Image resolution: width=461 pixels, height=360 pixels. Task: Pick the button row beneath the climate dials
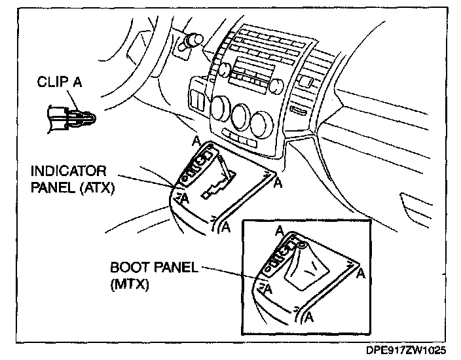click(240, 139)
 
